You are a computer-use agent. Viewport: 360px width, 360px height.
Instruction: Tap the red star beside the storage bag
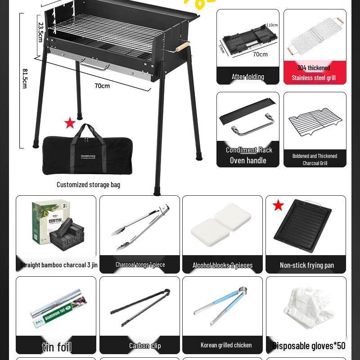pos(70,122)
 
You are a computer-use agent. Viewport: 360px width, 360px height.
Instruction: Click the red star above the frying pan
pos(279,206)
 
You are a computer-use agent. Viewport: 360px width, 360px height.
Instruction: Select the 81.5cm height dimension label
pos(25,78)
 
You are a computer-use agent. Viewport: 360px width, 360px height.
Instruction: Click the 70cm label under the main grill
pos(102,85)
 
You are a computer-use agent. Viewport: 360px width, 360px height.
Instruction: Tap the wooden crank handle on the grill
pos(182,47)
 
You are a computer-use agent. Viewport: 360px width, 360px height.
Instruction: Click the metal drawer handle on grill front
pos(95,65)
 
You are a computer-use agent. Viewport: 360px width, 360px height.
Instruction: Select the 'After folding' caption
pos(247,76)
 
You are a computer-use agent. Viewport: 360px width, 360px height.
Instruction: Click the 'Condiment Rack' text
pos(249,150)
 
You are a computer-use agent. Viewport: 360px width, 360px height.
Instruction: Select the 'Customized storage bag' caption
pos(88,184)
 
